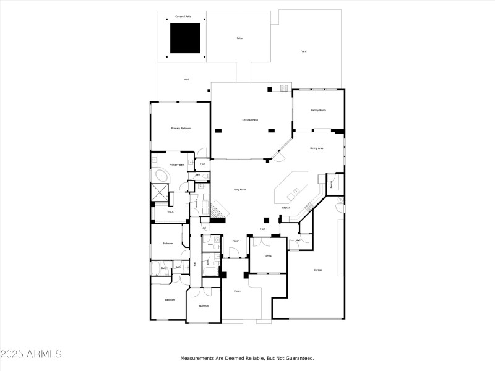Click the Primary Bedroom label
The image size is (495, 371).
pos(181,128)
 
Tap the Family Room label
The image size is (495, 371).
pos(318,110)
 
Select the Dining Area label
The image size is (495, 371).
pos(317,148)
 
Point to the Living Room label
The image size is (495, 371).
pos(240,189)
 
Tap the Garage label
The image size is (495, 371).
pos(317,270)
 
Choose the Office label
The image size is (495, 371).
pos(268,255)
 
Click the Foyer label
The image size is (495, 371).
pos(236,241)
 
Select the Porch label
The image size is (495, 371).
pos(237,290)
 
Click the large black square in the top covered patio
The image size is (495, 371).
pos(185,38)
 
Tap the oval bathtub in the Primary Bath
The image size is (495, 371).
pos(162,177)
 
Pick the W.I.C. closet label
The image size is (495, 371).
pos(171,211)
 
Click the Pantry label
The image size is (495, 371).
pos(332,183)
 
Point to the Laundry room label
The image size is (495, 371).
pos(197,203)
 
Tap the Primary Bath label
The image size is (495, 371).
pos(177,165)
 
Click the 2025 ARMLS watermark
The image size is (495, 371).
pos(31,354)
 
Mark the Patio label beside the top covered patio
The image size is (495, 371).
pos(239,38)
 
